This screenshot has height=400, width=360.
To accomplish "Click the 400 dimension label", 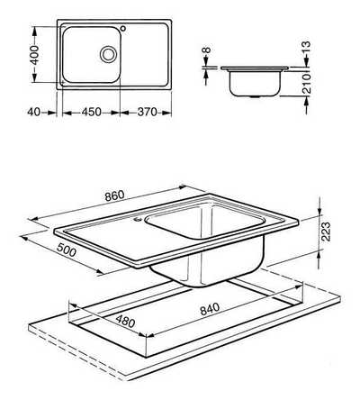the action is (35, 55).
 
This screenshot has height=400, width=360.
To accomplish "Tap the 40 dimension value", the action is (33, 113).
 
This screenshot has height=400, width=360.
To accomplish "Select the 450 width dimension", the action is (91, 113).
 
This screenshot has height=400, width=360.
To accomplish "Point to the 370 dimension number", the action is (147, 113).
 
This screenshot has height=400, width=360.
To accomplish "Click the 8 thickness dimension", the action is (207, 50).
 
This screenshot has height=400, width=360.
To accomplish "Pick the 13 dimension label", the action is (306, 48).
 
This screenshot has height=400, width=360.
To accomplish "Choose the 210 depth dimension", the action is (306, 84).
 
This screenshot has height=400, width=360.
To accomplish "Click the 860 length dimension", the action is (114, 195).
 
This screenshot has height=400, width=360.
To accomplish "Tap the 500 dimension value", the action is (67, 250).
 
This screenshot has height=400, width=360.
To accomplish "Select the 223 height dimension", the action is (325, 232).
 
